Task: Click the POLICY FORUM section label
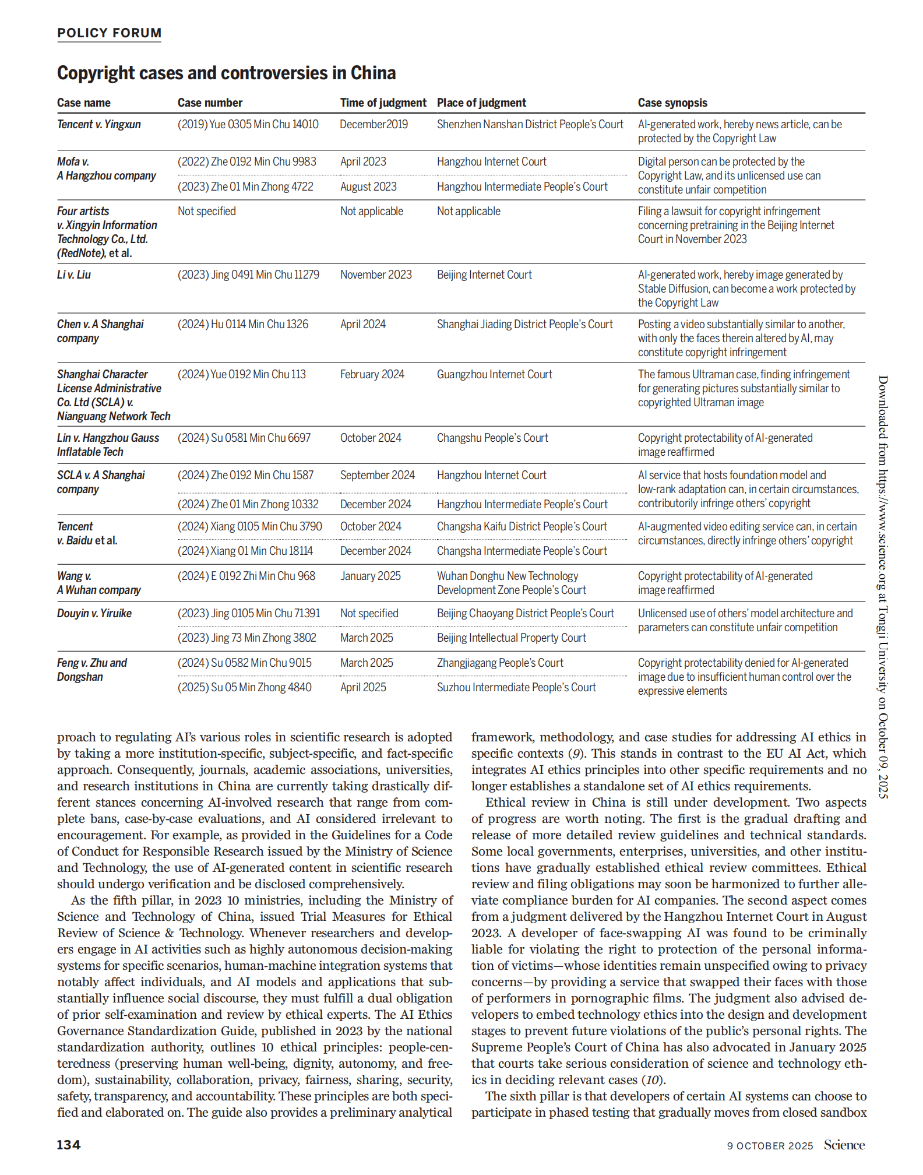tap(109, 33)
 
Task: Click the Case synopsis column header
tap(672, 103)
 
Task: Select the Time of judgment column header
tap(383, 103)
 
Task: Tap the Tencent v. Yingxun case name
tap(98, 125)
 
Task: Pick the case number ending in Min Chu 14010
tap(248, 125)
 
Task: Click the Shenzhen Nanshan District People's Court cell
tap(530, 125)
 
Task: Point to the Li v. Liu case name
tap(73, 275)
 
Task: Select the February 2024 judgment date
tap(372, 375)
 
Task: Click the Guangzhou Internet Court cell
tap(494, 375)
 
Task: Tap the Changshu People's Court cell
tap(492, 438)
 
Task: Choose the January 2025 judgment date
tap(370, 576)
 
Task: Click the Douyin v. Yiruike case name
tap(94, 614)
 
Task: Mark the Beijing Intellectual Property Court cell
tap(511, 638)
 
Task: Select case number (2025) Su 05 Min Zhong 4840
tap(244, 688)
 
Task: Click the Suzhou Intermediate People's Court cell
tap(516, 688)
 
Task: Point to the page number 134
tap(68, 1145)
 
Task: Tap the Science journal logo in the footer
tap(844, 1145)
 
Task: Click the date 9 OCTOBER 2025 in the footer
tap(769, 1146)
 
